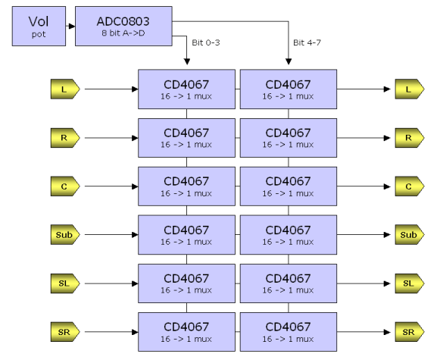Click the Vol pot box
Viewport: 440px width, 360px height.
(x=39, y=26)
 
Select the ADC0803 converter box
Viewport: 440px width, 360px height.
(x=123, y=26)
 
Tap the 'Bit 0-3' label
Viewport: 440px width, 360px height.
(x=206, y=42)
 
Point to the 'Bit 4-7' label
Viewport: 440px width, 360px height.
(x=307, y=42)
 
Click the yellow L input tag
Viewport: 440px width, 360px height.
(x=65, y=89)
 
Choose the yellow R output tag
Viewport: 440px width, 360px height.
(x=410, y=138)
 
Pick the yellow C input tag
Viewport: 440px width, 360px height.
(x=65, y=186)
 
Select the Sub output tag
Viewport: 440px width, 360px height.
(x=410, y=234)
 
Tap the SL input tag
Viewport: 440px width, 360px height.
(x=65, y=283)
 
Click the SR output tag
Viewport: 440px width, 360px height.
(x=410, y=332)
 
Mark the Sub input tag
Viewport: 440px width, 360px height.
(x=65, y=234)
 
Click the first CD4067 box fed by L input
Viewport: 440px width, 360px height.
(x=186, y=89)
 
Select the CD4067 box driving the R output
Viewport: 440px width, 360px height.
(x=289, y=138)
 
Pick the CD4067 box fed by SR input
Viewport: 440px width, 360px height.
(x=186, y=332)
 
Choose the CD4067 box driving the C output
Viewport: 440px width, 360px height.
(x=289, y=186)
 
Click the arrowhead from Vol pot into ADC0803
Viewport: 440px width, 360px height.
(x=72, y=26)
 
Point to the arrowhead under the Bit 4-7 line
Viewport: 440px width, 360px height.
(x=289, y=61)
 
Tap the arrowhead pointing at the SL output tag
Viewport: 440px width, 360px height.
(x=387, y=283)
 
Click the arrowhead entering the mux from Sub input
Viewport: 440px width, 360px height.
(x=135, y=234)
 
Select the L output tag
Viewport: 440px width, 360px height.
(x=410, y=89)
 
